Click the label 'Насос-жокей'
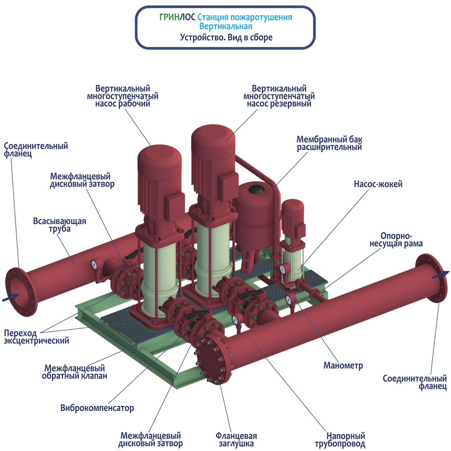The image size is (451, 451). tap(378, 184)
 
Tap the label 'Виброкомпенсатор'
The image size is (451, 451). tap(97, 408)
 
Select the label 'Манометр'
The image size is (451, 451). tap(343, 366)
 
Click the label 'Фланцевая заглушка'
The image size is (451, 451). tap(236, 439)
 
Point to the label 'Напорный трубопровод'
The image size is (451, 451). tap(340, 440)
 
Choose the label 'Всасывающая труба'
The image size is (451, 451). tap(60, 225)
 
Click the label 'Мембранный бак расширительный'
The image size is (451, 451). tap(329, 143)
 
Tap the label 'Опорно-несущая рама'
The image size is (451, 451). tap(396, 240)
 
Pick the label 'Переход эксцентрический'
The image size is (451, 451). tap(37, 337)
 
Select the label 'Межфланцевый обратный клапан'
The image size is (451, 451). tap(74, 372)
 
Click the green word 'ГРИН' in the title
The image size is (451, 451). tap(170, 17)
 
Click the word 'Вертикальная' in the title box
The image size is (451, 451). tap(225, 27)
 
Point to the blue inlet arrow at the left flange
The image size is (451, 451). tap(11, 297)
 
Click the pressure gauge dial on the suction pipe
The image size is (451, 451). tap(94, 265)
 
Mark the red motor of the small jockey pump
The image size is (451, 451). tap(293, 215)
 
